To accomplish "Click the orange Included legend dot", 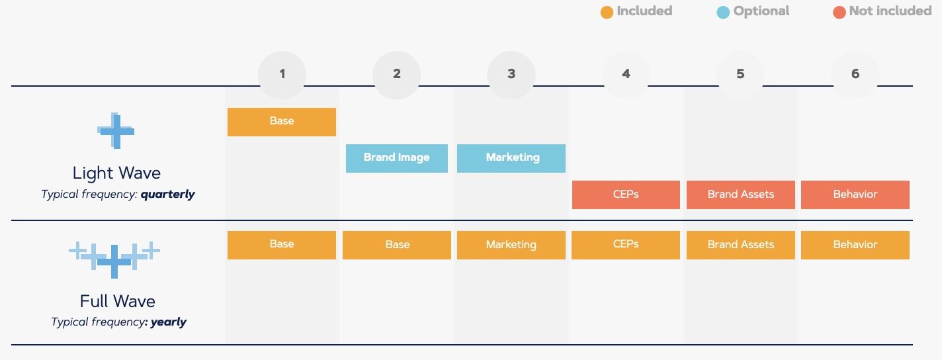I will click(607, 13).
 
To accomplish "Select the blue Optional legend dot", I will click(723, 13).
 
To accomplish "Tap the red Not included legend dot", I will click(839, 13).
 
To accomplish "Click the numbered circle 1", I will click(282, 74).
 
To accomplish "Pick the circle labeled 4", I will click(626, 74).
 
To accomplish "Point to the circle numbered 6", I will click(855, 74).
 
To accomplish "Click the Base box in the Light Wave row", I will click(282, 122).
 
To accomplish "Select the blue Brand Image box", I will click(397, 158).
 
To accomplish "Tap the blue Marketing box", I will click(511, 158).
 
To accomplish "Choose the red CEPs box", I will click(626, 195).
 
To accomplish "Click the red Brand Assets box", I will click(741, 195).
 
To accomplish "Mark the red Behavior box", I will click(855, 195).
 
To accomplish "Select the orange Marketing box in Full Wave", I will click(511, 245).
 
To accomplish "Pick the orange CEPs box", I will click(626, 245).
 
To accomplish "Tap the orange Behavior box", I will click(855, 245).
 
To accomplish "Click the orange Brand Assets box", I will click(741, 245).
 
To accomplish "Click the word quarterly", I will click(168, 195).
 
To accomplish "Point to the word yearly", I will click(169, 322).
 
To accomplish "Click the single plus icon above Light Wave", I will click(116, 131).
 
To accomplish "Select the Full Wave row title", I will click(118, 302).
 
